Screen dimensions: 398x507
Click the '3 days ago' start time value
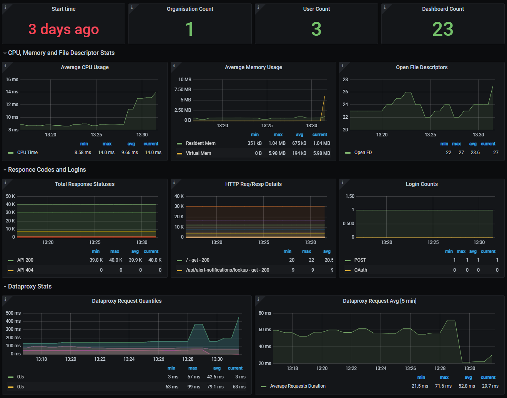(63, 29)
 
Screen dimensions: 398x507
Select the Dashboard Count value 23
(443, 29)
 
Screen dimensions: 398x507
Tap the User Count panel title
(316, 9)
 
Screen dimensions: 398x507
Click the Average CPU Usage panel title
(85, 67)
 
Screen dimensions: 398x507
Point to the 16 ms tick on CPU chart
(12, 80)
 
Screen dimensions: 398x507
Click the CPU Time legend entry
(27, 153)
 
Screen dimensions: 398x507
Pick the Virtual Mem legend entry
(198, 153)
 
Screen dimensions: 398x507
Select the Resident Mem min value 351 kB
(254, 143)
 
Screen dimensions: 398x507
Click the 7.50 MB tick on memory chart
(183, 90)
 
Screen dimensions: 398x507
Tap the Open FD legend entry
(363, 153)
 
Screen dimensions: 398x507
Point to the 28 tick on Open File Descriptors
(345, 80)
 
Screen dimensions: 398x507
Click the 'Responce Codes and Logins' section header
(47, 170)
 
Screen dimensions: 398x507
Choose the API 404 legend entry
(25, 270)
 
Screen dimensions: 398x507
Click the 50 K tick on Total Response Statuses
(10, 196)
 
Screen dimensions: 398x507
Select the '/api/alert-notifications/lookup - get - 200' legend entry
(228, 270)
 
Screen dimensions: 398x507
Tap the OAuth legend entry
(361, 270)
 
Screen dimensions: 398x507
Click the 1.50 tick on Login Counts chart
(350, 196)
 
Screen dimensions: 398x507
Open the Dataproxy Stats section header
(30, 287)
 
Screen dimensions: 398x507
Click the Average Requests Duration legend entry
(298, 386)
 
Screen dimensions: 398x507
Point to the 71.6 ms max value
(443, 386)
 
